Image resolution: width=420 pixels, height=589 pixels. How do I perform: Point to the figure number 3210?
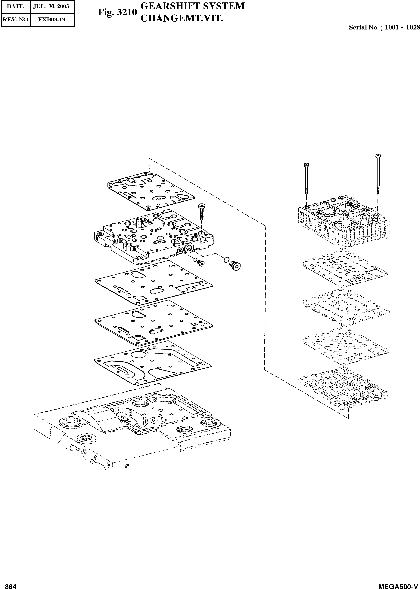(x=127, y=12)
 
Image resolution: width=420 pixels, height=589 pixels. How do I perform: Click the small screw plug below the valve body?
(x=200, y=263)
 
